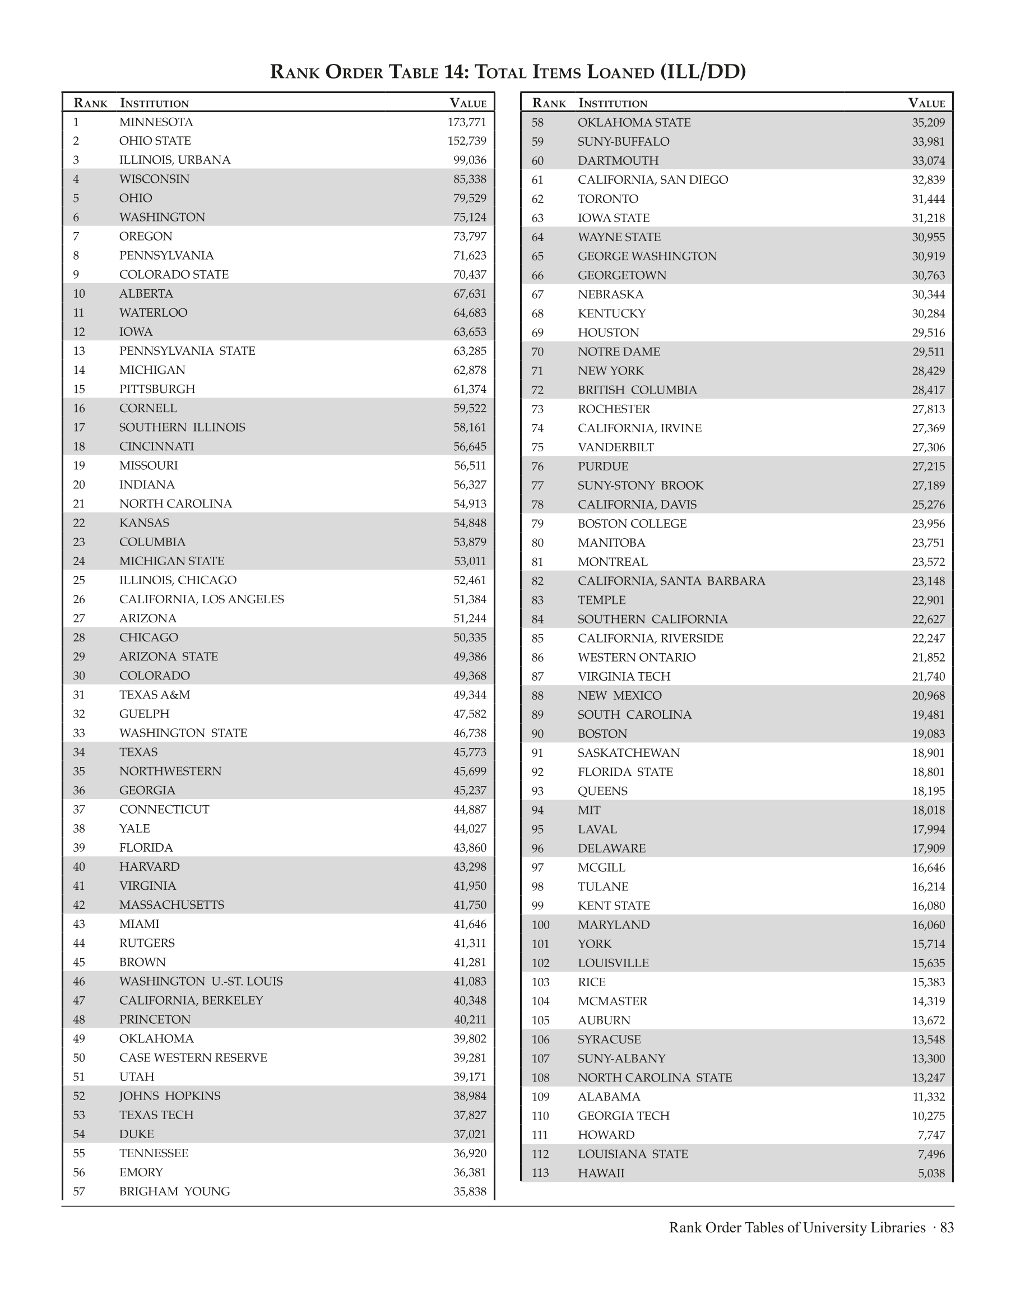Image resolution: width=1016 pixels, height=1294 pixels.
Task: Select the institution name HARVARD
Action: pos(149,867)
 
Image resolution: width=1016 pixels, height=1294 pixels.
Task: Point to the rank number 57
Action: pos(79,1191)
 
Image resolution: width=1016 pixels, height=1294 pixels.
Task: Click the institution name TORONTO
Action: pos(607,199)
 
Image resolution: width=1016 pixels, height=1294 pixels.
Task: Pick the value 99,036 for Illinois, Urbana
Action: pos(470,160)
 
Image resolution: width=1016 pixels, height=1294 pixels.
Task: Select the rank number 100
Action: pos(540,925)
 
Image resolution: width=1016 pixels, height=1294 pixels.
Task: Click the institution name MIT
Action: pos(588,810)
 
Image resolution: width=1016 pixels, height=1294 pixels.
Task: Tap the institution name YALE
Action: pos(134,829)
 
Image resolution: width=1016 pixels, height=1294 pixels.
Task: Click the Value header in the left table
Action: pos(468,103)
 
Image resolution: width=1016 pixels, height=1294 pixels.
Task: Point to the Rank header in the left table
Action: pos(90,103)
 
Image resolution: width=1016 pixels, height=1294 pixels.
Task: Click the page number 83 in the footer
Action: pos(947,1228)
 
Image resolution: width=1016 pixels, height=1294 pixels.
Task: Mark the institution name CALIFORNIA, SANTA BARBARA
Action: pos(671,581)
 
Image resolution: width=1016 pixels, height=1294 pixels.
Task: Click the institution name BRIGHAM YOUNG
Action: pos(174,1191)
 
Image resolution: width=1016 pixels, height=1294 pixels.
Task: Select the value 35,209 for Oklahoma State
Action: pos(928,123)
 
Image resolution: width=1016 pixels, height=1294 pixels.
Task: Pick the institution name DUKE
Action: pos(136,1134)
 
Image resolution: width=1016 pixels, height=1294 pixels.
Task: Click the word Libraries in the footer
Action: pos(896,1228)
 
